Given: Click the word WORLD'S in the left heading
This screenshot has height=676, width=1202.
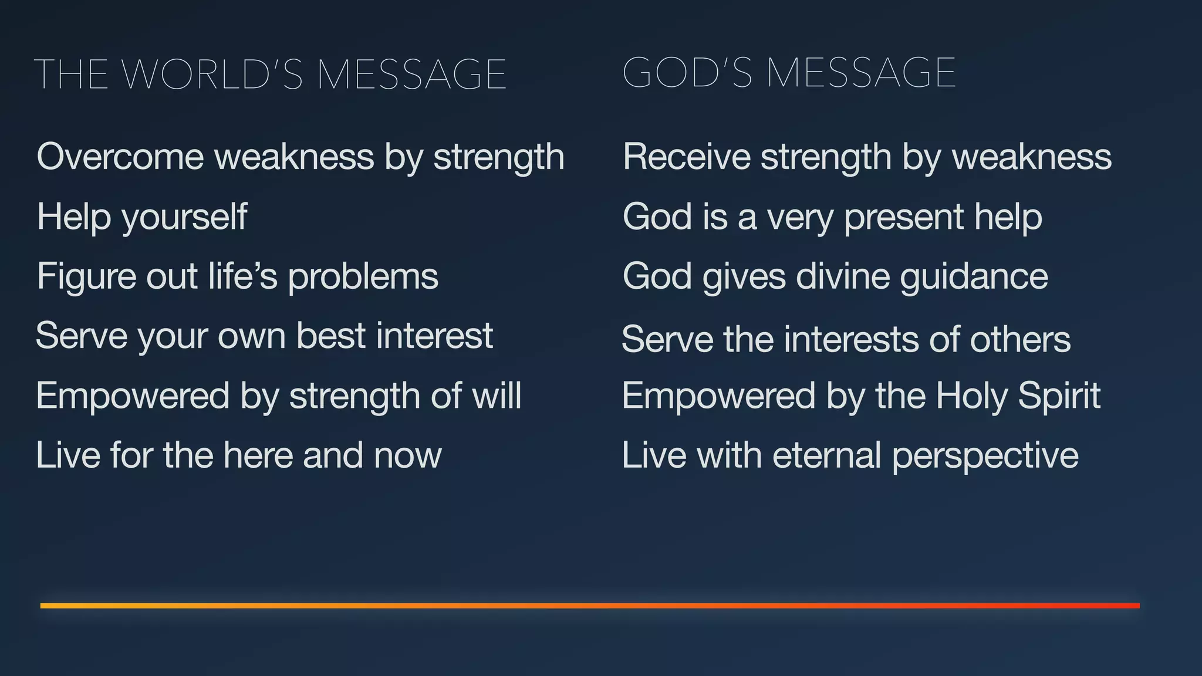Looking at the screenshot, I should tap(213, 75).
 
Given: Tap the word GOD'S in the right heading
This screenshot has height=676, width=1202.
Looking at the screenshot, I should tap(687, 73).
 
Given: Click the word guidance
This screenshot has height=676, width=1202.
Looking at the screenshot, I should tap(974, 276).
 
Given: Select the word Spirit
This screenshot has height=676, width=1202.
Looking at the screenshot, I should tap(1059, 396).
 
